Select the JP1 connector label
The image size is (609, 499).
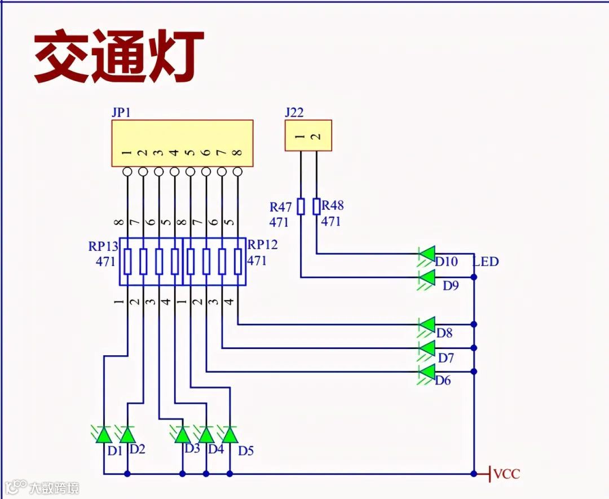pos(121,112)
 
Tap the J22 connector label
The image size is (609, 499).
pos(294,112)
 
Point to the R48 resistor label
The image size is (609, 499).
pos(333,205)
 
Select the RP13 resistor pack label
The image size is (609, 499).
pos(103,246)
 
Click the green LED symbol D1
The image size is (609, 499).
pos(103,435)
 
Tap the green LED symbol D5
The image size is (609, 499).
pos(230,435)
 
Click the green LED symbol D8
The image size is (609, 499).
pos(427,325)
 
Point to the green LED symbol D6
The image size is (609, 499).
pos(427,372)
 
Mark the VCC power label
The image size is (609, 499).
pos(506,474)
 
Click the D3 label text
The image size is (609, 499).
pos(192,449)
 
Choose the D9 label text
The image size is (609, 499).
pos(451,286)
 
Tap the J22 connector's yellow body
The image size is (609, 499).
pos(308,135)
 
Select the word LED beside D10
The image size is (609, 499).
pos(486,262)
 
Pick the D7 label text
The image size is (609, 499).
pos(446,357)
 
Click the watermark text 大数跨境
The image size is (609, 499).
pos(54,488)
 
